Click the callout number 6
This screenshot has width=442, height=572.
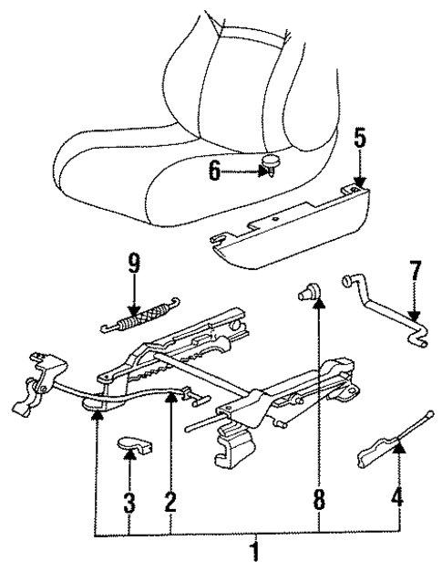tap(214, 170)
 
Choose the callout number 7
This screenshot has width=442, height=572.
tap(416, 271)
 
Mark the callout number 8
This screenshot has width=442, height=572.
tap(318, 499)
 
